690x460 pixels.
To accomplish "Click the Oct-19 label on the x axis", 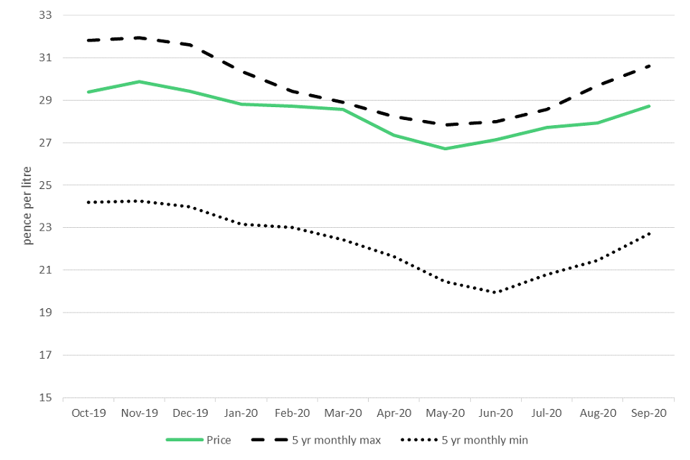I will tap(88, 413).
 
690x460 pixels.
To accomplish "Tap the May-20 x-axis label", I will tap(445, 413).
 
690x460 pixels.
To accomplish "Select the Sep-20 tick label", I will tap(649, 413).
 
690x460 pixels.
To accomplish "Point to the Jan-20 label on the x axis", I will tap(241, 413).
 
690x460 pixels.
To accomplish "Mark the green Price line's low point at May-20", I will tap(445, 149).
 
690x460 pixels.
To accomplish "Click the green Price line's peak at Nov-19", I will tap(139, 82).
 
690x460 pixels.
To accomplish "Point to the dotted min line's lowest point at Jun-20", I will tap(496, 293).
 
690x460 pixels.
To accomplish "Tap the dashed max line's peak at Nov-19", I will tap(139, 38).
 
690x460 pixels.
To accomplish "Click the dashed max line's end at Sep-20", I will tap(649, 65).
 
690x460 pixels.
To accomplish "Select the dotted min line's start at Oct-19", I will tap(88, 203).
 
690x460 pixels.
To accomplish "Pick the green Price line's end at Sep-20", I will tap(649, 106).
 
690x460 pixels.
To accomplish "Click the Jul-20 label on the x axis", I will tap(547, 413).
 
